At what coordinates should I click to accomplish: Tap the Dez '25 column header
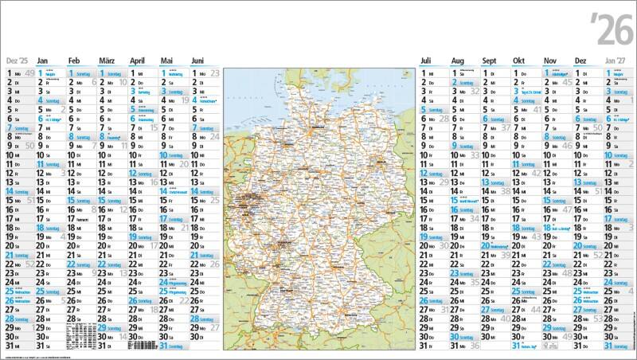coord(17,61)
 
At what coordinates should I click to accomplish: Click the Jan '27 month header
coord(616,61)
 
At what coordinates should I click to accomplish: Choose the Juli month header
coord(427,61)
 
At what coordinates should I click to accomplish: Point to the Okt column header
coord(520,61)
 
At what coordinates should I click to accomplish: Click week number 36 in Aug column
coord(475,346)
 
